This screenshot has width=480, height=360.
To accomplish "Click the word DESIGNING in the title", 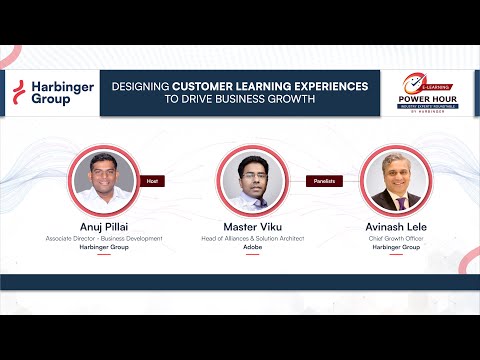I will (x=140, y=87).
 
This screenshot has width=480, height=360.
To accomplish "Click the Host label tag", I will (x=153, y=180).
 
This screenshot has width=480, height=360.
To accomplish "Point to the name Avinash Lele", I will (x=394, y=227).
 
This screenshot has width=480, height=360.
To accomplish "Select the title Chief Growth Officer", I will (x=394, y=239).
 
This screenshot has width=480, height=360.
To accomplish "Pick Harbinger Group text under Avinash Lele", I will (x=394, y=247).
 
